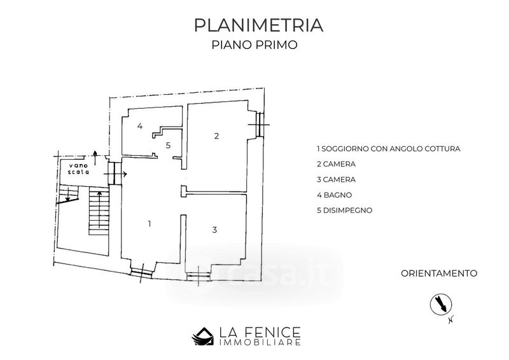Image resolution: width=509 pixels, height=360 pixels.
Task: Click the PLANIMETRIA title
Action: click(x=259, y=25)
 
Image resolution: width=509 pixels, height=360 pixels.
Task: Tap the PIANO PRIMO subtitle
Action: click(x=254, y=45)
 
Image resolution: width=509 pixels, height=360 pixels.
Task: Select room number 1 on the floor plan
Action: click(x=150, y=224)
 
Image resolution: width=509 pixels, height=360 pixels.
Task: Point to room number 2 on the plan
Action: click(x=216, y=135)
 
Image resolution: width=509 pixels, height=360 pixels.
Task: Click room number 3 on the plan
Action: click(x=214, y=230)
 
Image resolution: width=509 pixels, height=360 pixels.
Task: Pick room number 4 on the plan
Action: click(x=139, y=126)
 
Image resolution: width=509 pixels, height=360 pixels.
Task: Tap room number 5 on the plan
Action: click(x=168, y=145)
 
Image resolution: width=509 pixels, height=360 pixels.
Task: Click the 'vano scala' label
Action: click(x=78, y=169)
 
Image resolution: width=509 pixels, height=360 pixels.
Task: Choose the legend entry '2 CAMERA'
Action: click(x=336, y=164)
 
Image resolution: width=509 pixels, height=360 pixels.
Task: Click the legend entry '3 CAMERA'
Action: click(x=336, y=179)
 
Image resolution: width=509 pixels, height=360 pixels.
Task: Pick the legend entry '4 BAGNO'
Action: click(x=335, y=195)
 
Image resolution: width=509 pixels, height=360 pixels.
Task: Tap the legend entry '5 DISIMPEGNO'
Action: click(x=344, y=210)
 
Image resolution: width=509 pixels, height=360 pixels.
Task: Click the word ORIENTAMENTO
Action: click(x=439, y=273)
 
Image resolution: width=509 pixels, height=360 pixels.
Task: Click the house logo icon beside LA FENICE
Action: click(x=203, y=336)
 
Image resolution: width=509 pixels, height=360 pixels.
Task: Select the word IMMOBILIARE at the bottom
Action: click(x=260, y=342)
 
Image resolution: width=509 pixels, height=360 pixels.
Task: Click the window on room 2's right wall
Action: click(x=260, y=124)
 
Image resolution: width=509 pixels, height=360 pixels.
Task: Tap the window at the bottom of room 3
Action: click(x=199, y=275)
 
